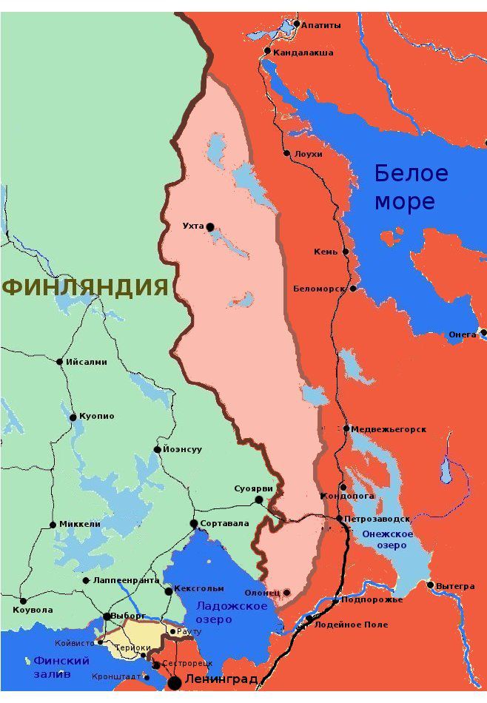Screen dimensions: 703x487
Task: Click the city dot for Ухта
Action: (210, 226)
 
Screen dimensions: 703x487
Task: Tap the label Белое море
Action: (411, 187)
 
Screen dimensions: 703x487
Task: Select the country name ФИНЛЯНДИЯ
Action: (86, 287)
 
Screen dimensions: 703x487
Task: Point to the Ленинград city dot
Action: (175, 681)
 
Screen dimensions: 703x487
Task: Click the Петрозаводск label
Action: (377, 519)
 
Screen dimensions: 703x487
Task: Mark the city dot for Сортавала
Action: (194, 523)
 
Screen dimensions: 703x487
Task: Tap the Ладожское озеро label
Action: (221, 613)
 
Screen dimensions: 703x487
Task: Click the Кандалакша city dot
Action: (267, 51)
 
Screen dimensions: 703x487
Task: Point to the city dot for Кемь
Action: (346, 252)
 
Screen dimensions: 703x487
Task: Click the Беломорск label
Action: (320, 289)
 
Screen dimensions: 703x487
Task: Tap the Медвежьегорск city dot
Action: (346, 428)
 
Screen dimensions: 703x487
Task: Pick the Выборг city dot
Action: (107, 616)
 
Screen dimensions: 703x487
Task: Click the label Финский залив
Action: (61, 667)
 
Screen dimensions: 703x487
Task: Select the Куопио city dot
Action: (73, 417)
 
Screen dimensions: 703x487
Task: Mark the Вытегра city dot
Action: (430, 585)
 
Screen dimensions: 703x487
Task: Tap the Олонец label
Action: (261, 593)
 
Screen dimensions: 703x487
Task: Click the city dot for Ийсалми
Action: (60, 362)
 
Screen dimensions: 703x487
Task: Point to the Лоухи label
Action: (309, 154)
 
